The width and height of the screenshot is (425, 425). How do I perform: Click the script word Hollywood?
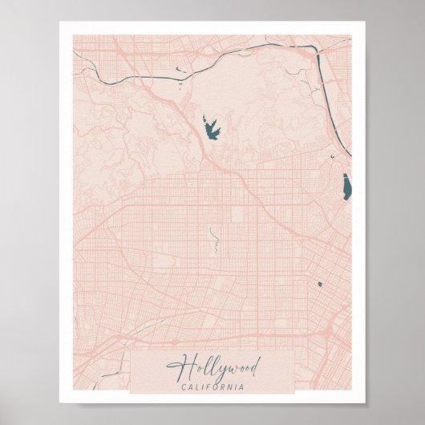point(213,369)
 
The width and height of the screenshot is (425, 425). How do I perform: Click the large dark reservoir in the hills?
point(210,127)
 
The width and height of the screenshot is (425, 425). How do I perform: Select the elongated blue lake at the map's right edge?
point(346,188)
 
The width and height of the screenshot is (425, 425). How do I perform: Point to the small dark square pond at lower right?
point(319,283)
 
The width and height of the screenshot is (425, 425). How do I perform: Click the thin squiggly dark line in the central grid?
point(213,239)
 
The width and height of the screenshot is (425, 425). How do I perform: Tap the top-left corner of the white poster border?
point(60,22)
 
